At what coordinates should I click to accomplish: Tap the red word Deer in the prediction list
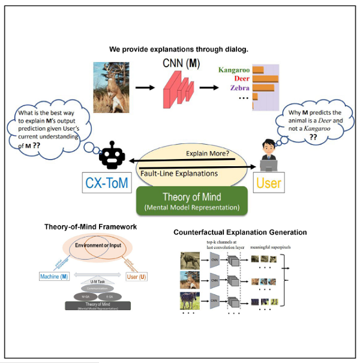[241, 79]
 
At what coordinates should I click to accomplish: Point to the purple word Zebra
[239, 88]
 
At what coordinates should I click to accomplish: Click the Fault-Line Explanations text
[179, 174]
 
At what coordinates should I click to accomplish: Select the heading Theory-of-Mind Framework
[90, 227]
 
